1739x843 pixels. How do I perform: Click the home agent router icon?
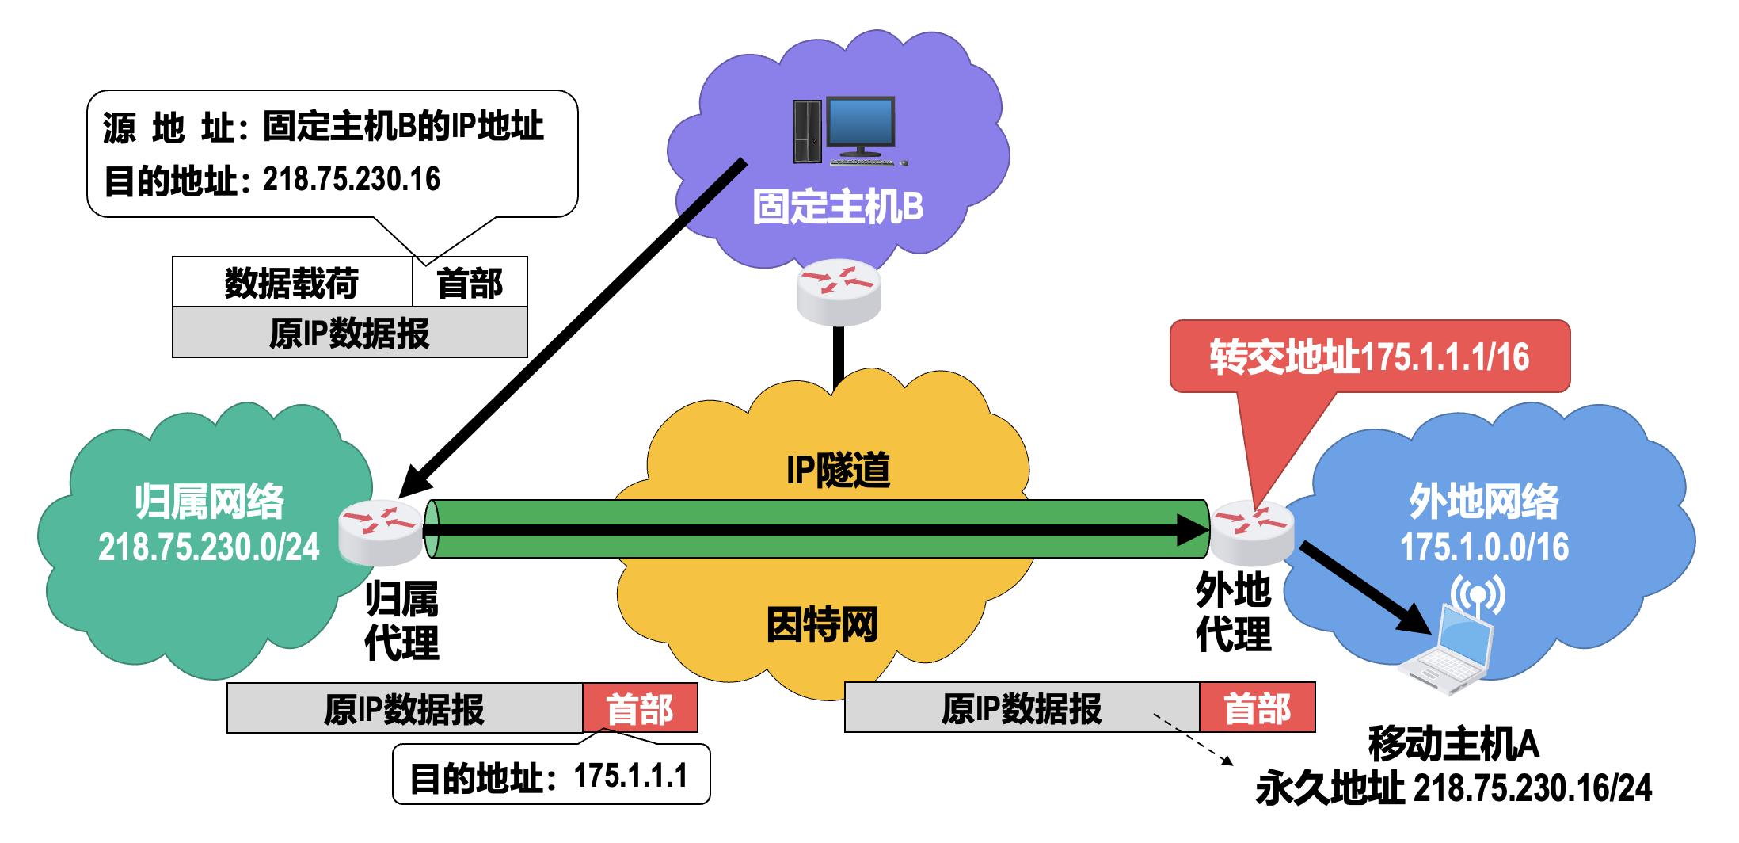[x=380, y=532]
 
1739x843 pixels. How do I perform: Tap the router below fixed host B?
[x=839, y=291]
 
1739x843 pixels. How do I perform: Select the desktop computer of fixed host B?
[x=846, y=131]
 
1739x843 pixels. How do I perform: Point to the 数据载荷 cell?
[x=291, y=283]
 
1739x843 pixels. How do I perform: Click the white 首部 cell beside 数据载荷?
[x=470, y=283]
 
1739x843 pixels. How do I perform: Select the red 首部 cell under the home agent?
[x=640, y=708]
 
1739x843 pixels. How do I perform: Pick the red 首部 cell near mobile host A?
[x=1257, y=708]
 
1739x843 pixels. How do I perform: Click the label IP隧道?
[x=838, y=470]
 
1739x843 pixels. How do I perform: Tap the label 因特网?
[x=822, y=624]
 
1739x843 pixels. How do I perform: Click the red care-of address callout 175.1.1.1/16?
[x=1369, y=357]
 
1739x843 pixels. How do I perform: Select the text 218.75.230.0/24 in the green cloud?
[x=208, y=547]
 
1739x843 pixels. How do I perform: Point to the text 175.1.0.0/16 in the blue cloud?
[x=1484, y=547]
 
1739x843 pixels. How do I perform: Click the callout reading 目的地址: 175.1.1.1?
[x=550, y=776]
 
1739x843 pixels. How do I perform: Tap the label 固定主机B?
[x=837, y=207]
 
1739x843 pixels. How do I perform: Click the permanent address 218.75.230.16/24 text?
[x=1532, y=788]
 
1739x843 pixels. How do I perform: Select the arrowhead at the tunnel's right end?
[x=1193, y=530]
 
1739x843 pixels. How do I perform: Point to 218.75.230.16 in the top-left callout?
[x=351, y=179]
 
